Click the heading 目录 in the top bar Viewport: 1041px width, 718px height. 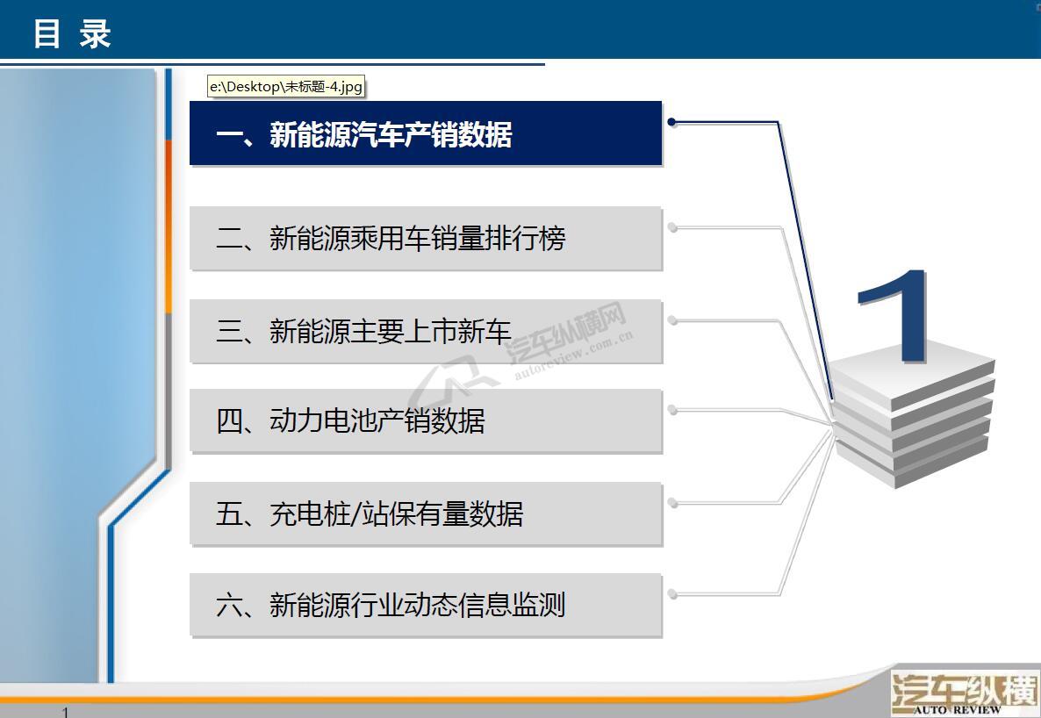click(x=72, y=33)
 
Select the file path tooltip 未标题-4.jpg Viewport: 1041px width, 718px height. click(x=286, y=86)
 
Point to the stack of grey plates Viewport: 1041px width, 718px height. click(x=913, y=419)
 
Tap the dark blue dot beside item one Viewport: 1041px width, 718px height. click(x=671, y=122)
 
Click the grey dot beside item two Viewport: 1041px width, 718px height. click(x=672, y=228)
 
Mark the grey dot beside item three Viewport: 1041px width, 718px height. click(x=672, y=320)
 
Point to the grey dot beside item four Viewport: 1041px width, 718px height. click(x=672, y=411)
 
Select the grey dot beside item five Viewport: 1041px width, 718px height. click(x=672, y=504)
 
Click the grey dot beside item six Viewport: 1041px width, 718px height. click(x=672, y=594)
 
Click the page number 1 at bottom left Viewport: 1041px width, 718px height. click(x=65, y=712)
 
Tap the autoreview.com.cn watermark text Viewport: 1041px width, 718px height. click(x=574, y=355)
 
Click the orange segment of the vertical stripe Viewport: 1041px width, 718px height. click(x=169, y=226)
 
